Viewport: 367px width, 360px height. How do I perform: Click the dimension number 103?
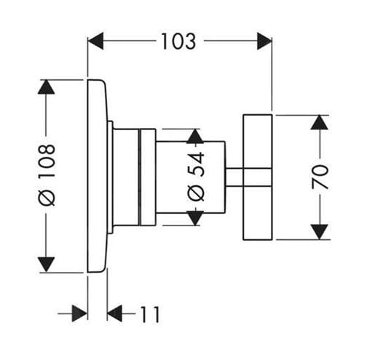click(x=178, y=41)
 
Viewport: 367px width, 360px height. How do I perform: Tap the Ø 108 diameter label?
click(x=47, y=175)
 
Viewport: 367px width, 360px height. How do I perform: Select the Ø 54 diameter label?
click(x=196, y=176)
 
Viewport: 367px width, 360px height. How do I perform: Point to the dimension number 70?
click(x=320, y=177)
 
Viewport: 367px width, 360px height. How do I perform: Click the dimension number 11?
click(x=150, y=314)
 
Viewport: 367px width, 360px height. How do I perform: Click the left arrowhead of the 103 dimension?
click(x=95, y=41)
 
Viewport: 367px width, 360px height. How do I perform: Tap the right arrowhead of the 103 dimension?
click(x=264, y=41)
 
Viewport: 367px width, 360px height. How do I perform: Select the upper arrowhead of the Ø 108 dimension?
click(x=46, y=87)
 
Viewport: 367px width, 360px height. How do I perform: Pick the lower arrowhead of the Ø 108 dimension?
click(x=46, y=265)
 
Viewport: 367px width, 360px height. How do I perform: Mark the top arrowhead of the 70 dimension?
click(x=320, y=122)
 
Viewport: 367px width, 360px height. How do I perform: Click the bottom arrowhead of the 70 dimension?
click(x=320, y=232)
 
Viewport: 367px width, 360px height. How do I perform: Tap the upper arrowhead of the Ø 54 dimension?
click(x=195, y=136)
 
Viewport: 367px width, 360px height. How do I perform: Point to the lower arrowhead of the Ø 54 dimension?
click(x=195, y=218)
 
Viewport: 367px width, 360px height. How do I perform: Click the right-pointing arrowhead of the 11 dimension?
click(x=79, y=313)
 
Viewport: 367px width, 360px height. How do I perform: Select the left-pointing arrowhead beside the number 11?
click(x=114, y=313)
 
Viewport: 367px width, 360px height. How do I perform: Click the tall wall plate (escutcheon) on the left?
click(x=97, y=176)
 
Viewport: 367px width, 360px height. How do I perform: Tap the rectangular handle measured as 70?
click(x=258, y=177)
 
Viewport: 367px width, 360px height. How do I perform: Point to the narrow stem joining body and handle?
click(x=234, y=177)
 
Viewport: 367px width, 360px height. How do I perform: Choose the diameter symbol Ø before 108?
click(x=47, y=198)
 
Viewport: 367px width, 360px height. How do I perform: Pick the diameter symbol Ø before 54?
click(x=196, y=193)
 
